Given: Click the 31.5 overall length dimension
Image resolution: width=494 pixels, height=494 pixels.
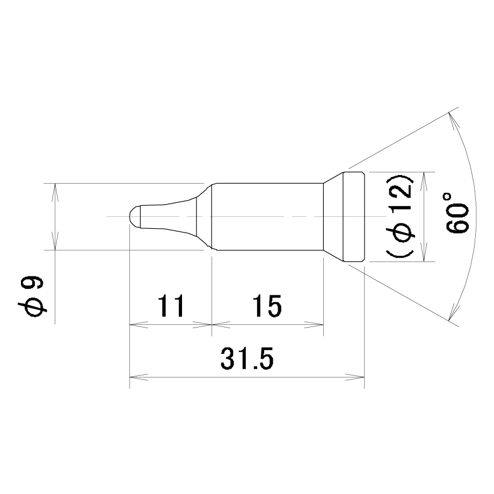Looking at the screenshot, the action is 247,359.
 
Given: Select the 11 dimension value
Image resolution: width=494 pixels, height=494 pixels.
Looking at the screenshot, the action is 170,306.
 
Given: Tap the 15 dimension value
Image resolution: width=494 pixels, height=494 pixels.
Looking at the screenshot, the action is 267,306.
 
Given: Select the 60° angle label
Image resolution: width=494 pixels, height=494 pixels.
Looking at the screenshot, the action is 457,213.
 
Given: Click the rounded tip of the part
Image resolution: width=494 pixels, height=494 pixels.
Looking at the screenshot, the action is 135,216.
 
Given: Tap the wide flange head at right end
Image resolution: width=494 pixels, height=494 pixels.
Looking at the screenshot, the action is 354,217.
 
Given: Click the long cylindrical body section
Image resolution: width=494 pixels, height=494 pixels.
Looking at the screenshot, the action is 267,217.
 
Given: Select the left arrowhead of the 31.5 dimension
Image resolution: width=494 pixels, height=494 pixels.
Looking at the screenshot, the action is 139,377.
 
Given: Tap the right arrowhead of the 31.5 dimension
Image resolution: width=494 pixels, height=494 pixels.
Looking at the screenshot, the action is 355,377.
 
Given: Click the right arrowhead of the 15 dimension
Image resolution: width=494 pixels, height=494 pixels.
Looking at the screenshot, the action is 314,324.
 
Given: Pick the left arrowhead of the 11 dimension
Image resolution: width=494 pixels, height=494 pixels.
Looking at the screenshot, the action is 139,324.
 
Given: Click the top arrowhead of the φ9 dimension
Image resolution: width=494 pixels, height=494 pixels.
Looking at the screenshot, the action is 55,192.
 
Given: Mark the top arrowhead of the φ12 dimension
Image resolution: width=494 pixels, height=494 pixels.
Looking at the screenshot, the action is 424,181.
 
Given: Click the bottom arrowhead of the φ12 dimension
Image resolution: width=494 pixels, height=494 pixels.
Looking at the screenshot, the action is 424,252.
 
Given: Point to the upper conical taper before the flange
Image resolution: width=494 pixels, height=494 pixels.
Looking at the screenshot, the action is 333,178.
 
